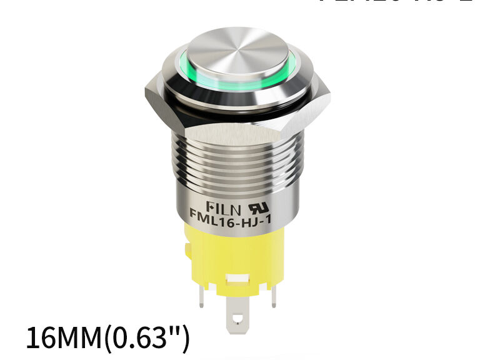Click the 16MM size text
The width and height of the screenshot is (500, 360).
coord(63,338)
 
